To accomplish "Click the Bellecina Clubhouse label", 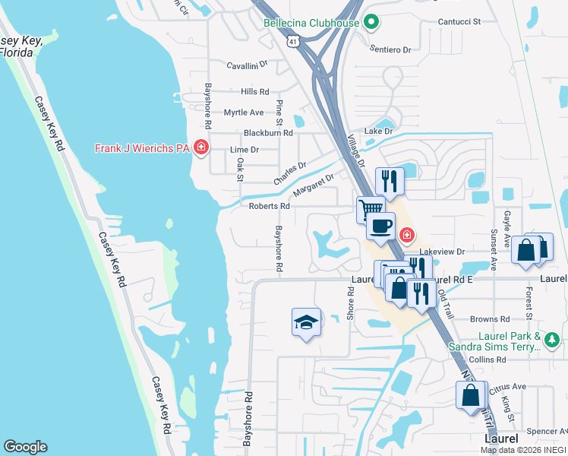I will point(311,23).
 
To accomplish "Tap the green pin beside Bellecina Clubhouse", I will point(371,23).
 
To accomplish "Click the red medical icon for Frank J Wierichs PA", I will point(200,147).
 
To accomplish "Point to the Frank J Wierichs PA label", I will point(141,148).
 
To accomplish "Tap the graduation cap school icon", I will point(305,322).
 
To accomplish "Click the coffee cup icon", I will point(380,226).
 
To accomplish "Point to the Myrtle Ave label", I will point(244,112).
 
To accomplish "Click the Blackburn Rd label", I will point(268,132).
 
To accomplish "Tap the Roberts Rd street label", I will point(270,206).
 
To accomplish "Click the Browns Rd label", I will point(489,319).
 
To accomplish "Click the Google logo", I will point(25,447).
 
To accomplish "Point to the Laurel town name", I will point(502,439).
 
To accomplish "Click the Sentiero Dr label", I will point(390,49).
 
